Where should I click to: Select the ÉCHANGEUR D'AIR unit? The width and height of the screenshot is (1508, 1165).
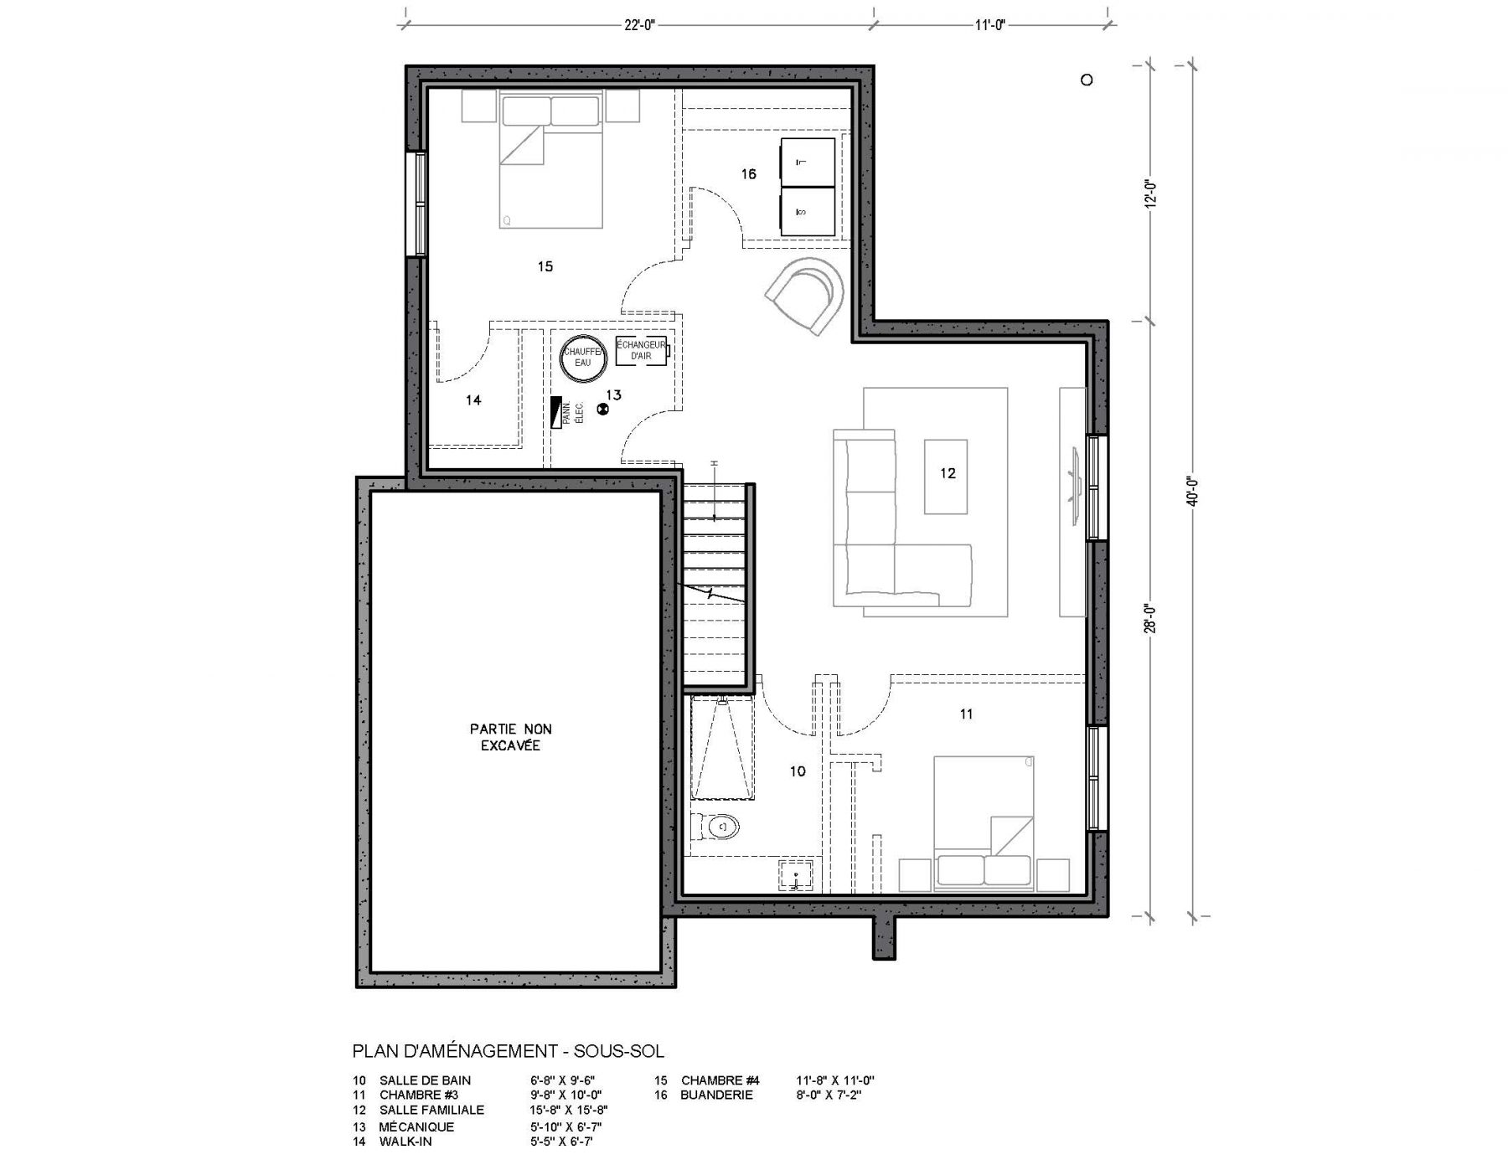click(642, 351)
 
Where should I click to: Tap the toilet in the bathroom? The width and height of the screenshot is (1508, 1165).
click(720, 827)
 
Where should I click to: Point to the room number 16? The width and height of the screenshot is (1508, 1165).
click(748, 174)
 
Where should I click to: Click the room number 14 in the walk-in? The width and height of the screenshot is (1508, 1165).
click(473, 400)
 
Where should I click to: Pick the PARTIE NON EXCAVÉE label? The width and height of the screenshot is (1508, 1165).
click(510, 737)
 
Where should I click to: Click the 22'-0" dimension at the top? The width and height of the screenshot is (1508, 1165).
click(638, 25)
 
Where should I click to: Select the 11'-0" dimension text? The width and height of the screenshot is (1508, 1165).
click(989, 25)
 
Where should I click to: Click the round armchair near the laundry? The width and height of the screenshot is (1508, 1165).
click(806, 295)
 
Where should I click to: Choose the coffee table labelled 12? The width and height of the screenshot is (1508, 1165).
click(946, 477)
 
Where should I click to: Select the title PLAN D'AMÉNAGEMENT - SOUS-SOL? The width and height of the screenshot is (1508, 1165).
click(509, 1051)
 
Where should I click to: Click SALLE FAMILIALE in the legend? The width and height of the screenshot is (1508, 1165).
click(431, 1111)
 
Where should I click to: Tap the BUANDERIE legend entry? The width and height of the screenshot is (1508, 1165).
click(716, 1095)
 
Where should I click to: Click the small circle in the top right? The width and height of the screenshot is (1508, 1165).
click(1087, 80)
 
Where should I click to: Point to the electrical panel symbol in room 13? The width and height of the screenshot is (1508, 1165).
click(555, 413)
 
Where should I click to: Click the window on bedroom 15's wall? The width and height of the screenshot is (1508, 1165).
click(416, 204)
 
